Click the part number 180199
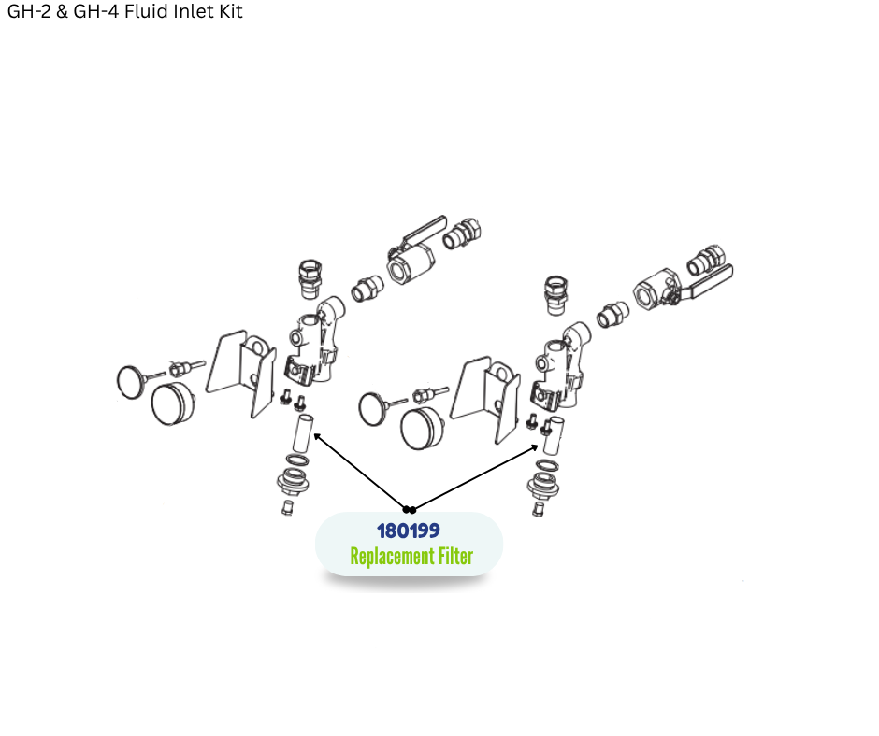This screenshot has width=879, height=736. click(408, 531)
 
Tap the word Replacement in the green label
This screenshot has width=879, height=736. click(392, 556)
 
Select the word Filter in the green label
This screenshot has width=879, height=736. click(455, 556)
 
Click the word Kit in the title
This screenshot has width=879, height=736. click(230, 11)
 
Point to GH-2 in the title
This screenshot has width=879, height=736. click(29, 11)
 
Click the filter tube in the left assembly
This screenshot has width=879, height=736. click(303, 433)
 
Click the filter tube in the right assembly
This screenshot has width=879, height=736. click(554, 436)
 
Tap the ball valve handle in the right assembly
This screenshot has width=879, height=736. click(708, 283)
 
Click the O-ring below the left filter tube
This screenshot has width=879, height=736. click(297, 460)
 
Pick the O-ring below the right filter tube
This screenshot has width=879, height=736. click(547, 465)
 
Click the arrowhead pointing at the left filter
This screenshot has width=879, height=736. click(317, 436)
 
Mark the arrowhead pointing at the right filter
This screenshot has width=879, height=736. click(536, 447)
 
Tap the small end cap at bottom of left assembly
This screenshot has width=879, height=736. click(287, 507)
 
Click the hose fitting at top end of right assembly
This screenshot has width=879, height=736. click(710, 260)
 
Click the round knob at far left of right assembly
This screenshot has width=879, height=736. click(374, 408)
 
